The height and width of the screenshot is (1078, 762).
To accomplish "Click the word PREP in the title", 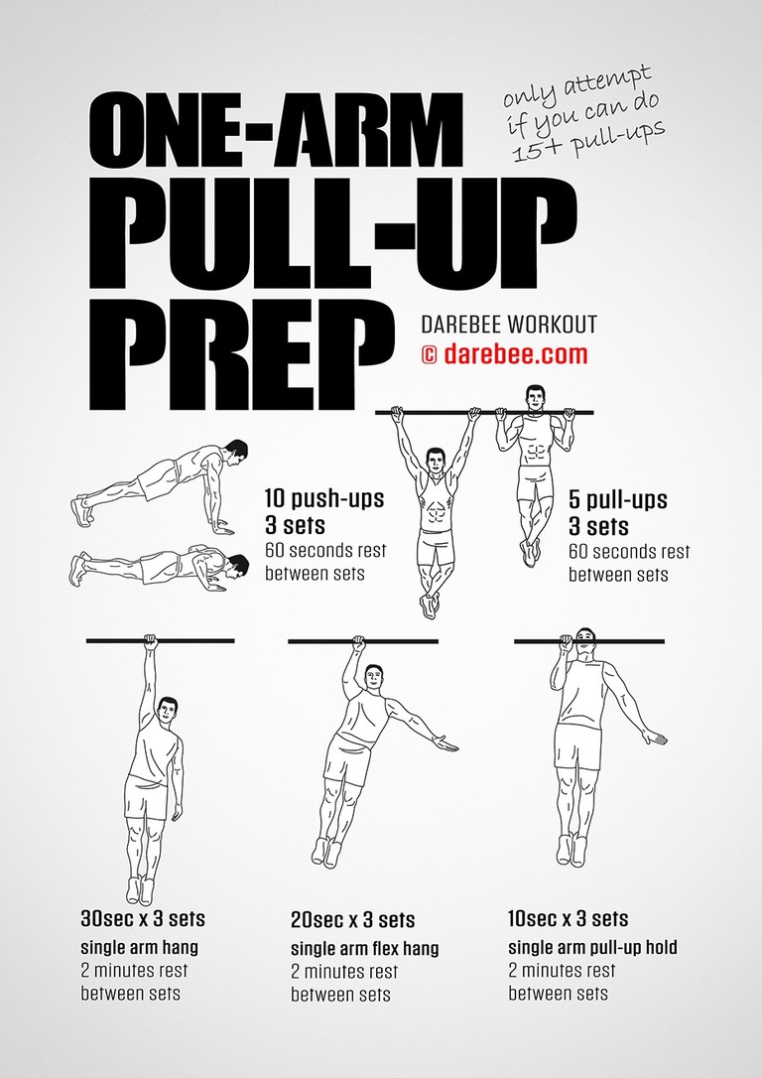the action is pyautogui.click(x=242, y=356).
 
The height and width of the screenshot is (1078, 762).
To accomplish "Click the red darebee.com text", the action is pyautogui.click(x=515, y=354).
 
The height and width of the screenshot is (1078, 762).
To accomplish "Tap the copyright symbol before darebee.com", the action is pyautogui.click(x=429, y=355).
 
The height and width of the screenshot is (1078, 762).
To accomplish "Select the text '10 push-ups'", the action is pyautogui.click(x=324, y=498).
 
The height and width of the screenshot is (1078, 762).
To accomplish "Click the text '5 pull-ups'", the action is pyautogui.click(x=618, y=500).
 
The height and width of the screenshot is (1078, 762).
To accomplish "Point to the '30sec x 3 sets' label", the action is pyautogui.click(x=143, y=918).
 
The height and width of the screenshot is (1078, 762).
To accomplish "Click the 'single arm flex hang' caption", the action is pyautogui.click(x=365, y=949).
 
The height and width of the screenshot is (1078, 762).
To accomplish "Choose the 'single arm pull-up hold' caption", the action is pyautogui.click(x=592, y=947).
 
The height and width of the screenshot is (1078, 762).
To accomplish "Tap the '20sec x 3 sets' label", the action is pyautogui.click(x=353, y=919).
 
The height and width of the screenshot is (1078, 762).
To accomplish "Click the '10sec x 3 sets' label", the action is pyautogui.click(x=569, y=918).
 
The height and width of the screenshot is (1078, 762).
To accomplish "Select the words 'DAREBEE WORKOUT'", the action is pyautogui.click(x=509, y=325).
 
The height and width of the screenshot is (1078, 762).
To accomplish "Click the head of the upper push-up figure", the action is pyautogui.click(x=236, y=451).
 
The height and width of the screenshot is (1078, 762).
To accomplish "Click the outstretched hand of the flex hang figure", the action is pyautogui.click(x=444, y=743).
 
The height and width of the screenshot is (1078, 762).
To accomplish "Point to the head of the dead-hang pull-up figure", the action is pyautogui.click(x=435, y=460).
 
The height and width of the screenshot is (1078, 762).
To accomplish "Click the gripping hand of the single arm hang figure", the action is pyautogui.click(x=150, y=643).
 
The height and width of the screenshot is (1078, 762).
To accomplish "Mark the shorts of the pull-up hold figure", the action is pyautogui.click(x=577, y=746).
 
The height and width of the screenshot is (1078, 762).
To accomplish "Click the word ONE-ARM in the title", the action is pyautogui.click(x=277, y=128).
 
